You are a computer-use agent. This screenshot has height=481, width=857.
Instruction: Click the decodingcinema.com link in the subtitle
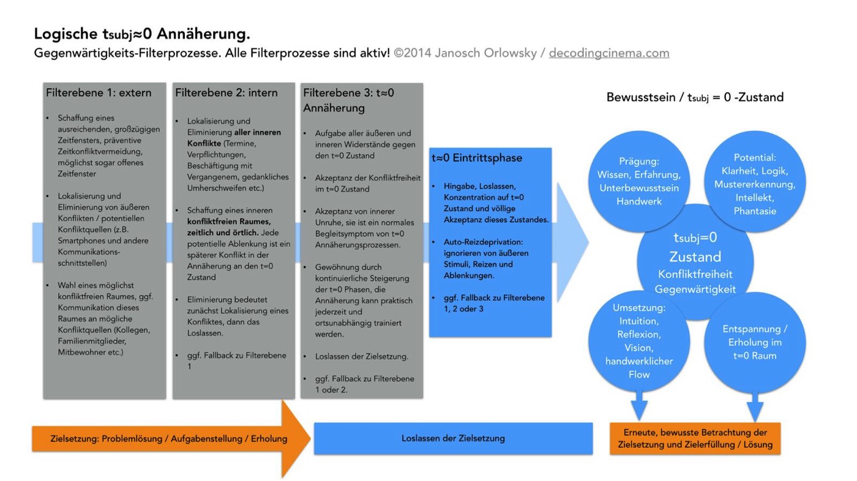(x=608, y=53)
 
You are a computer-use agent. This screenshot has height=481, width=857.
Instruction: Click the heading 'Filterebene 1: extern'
(x=99, y=93)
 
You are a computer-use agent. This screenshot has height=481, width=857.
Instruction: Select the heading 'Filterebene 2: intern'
(x=226, y=93)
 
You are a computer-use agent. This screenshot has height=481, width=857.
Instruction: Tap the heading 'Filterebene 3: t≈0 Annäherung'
(x=349, y=100)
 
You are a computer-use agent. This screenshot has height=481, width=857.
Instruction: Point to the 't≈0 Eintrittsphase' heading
(x=477, y=158)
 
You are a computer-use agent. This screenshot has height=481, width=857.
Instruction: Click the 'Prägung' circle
(x=638, y=181)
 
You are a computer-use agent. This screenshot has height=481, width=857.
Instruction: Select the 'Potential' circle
(x=755, y=184)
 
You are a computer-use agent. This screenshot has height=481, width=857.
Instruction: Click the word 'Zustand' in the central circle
(x=695, y=256)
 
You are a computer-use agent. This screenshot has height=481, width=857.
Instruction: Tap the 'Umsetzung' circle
(x=638, y=341)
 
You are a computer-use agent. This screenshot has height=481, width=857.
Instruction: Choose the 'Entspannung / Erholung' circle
(x=755, y=342)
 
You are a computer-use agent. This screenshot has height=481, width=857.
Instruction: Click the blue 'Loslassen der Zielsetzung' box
(x=453, y=438)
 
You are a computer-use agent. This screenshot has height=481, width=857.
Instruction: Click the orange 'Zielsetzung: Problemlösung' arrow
(x=169, y=439)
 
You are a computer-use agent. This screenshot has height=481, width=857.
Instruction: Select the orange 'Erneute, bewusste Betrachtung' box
(x=695, y=439)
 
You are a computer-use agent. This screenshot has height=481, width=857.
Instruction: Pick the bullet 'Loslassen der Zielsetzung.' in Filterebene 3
(x=361, y=356)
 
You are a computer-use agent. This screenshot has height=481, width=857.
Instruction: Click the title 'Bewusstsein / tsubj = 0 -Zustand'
(x=695, y=97)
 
